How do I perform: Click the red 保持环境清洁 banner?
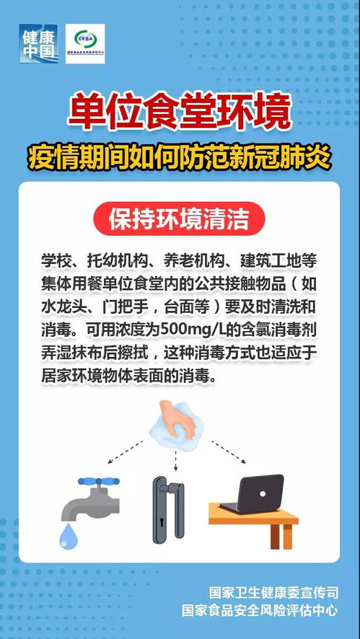[179, 217]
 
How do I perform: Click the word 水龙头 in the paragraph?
[63, 307]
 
